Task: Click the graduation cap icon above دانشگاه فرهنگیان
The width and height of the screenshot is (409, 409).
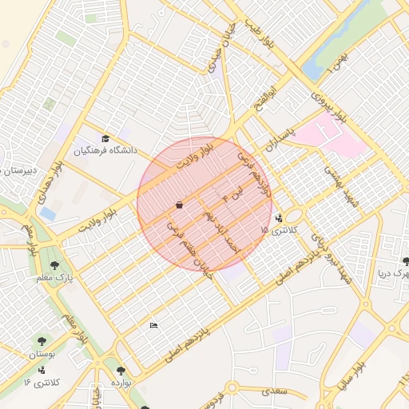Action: (x=105, y=139)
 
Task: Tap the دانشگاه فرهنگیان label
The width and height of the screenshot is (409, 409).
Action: (x=106, y=150)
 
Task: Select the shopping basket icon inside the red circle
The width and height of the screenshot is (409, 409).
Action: (x=179, y=205)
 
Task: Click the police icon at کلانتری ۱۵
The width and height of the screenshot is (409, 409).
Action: (x=278, y=217)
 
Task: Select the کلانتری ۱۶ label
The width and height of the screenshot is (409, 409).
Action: (x=38, y=383)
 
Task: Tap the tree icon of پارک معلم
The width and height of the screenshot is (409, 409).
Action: (x=54, y=264)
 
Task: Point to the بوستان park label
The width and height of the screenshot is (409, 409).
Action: (x=42, y=354)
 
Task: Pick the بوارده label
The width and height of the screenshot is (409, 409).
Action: (x=121, y=383)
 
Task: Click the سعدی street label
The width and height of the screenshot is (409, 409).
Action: (x=274, y=391)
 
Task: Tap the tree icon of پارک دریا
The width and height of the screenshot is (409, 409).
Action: (x=407, y=261)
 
